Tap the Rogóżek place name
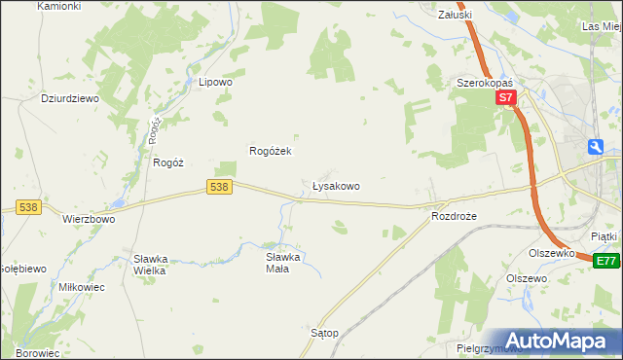272,151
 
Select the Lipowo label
215,83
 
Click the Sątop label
324,333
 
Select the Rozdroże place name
454,217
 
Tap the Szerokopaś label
485,84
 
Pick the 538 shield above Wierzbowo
27,206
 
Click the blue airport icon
596,147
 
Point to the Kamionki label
58,6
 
